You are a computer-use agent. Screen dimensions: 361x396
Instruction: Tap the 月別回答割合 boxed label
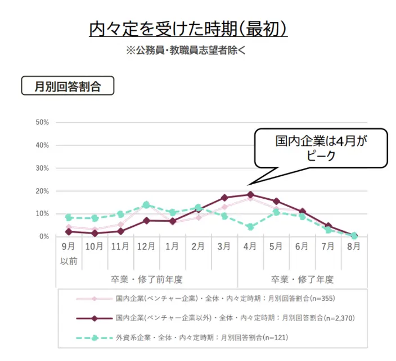[x=67, y=86]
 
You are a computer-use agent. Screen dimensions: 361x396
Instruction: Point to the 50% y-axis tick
[x=43, y=122]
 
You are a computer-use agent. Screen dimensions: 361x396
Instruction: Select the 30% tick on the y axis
[x=43, y=168]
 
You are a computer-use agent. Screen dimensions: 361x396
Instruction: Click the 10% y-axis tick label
[x=43, y=214]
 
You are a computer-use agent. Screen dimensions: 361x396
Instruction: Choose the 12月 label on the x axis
[x=146, y=246]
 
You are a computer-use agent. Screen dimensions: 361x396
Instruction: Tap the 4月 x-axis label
[x=250, y=246]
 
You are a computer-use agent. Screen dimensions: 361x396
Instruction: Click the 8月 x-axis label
[x=354, y=246]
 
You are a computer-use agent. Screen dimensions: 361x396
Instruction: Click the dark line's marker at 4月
[x=250, y=194]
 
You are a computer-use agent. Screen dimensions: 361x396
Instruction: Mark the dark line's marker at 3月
[x=224, y=198]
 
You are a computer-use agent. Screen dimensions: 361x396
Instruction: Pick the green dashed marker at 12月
[x=146, y=205]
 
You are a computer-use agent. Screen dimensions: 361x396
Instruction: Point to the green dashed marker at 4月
[x=250, y=227]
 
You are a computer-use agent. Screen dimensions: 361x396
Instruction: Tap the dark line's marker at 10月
[x=94, y=233]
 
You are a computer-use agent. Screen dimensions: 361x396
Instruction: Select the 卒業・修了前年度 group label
[x=147, y=279]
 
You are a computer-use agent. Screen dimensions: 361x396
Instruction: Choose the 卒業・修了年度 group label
[x=302, y=279]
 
